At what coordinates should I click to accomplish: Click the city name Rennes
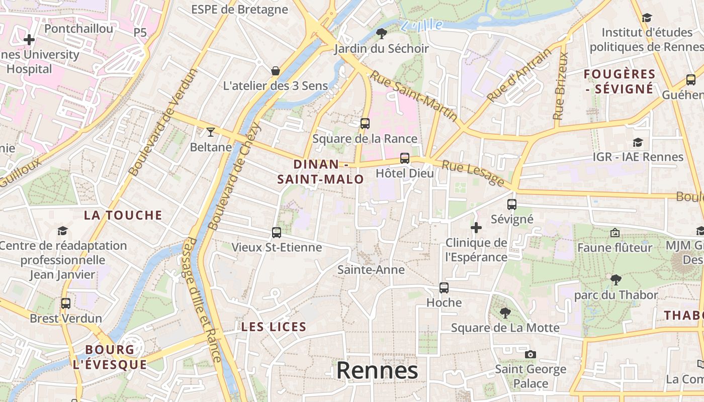click(x=377, y=371)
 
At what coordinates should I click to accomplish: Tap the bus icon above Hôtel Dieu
click(x=404, y=158)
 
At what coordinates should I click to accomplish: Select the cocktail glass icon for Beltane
click(x=211, y=132)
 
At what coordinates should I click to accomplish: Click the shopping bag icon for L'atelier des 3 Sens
click(x=276, y=71)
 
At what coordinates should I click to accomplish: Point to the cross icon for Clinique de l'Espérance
click(x=476, y=228)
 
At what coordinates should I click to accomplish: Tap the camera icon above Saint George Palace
click(x=530, y=354)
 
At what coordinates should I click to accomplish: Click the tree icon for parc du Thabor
click(x=616, y=280)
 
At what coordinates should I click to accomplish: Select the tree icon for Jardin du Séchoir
click(x=382, y=34)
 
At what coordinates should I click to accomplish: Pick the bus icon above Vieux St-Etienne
click(x=277, y=232)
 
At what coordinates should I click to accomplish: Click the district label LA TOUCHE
click(x=123, y=216)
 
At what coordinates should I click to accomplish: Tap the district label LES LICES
click(x=274, y=327)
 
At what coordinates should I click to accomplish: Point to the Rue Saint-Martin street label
click(x=414, y=95)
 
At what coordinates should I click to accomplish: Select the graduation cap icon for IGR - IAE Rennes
click(x=638, y=142)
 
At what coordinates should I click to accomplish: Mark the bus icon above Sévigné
click(x=512, y=205)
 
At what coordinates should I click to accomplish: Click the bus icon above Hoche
click(x=444, y=288)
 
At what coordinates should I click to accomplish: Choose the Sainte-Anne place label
click(x=371, y=270)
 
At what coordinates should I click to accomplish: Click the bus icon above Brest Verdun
click(x=66, y=304)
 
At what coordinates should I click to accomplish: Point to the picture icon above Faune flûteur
click(x=614, y=233)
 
